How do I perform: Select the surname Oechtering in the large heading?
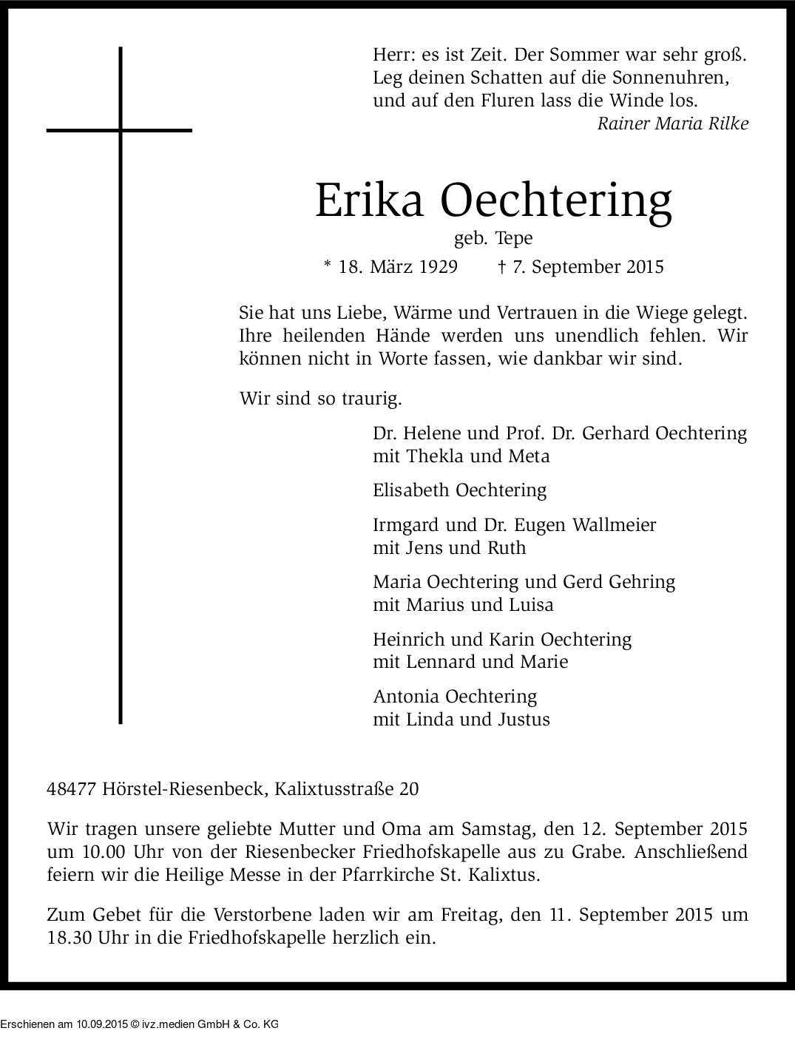point(556,200)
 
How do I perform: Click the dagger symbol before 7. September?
point(502,266)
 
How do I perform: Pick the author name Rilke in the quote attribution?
point(728,124)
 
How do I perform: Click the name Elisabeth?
point(412,490)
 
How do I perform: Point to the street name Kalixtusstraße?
point(334,789)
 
